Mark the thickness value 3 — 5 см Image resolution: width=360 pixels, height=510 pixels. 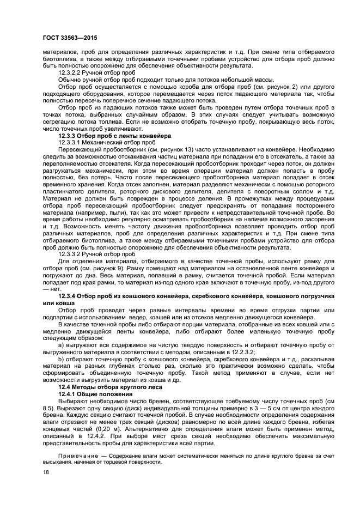click(236, 408)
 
